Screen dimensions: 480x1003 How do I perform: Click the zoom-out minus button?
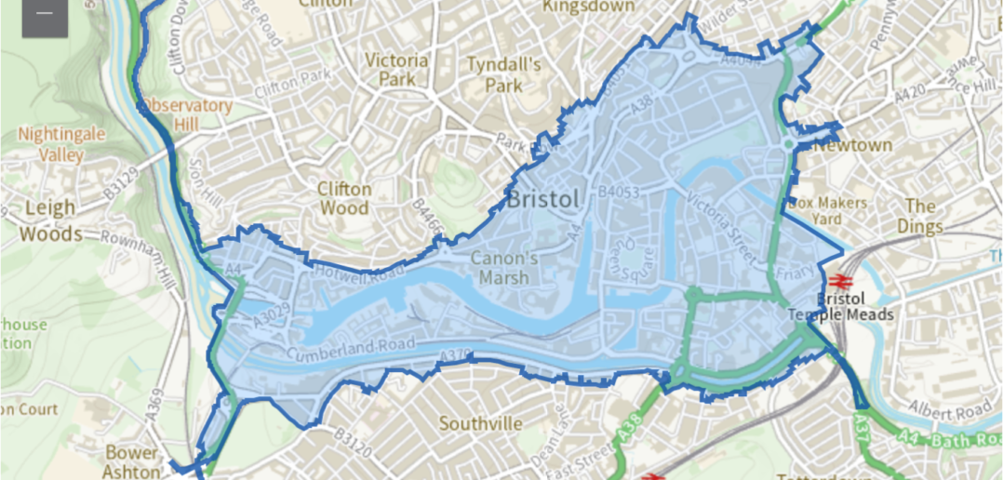click(x=45, y=16)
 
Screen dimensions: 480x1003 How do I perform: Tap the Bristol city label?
click(x=543, y=199)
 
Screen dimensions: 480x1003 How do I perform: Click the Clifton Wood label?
click(x=344, y=198)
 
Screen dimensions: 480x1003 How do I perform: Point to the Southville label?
click(x=480, y=423)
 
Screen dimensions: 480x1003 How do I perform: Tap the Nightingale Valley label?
click(x=62, y=145)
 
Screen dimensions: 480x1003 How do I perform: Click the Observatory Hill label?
click(x=187, y=113)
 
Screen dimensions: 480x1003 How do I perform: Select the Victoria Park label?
click(x=397, y=70)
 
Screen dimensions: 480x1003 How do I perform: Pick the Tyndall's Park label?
click(x=503, y=74)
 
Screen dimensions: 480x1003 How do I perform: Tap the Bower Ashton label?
click(x=131, y=461)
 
